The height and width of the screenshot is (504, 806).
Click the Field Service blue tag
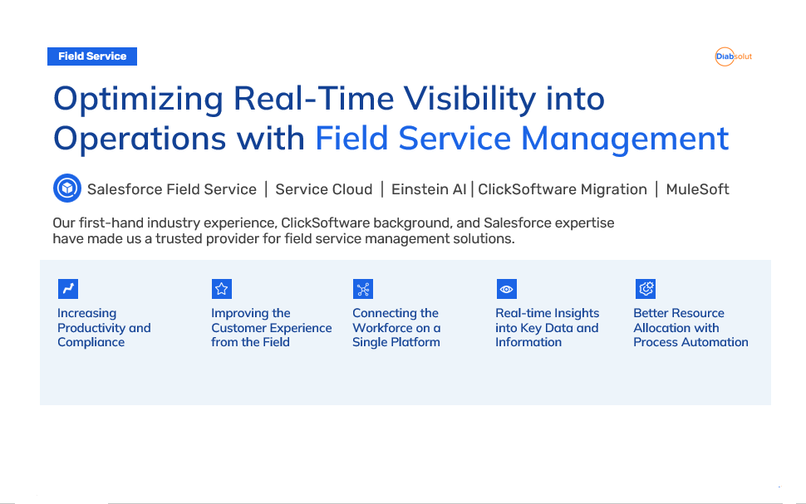(x=92, y=56)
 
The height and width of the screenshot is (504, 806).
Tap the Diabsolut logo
(x=734, y=56)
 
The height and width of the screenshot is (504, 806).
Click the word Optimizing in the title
(x=138, y=100)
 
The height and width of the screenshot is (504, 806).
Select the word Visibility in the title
(x=469, y=99)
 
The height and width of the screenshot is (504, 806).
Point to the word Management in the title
(x=625, y=139)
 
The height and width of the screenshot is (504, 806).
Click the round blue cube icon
(x=67, y=188)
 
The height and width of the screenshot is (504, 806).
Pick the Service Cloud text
(x=324, y=189)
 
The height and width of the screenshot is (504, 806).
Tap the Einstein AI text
(x=429, y=189)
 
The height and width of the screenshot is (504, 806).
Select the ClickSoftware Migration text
(x=563, y=189)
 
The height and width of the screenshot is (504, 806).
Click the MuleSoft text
(x=697, y=189)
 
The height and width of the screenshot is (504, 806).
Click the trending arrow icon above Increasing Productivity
(x=68, y=289)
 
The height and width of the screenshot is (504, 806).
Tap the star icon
(x=222, y=289)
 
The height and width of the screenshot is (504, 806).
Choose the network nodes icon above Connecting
(x=363, y=289)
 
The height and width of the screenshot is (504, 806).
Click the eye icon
(x=506, y=289)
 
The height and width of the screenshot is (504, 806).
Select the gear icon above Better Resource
(x=646, y=289)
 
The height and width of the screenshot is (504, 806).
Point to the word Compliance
(x=91, y=343)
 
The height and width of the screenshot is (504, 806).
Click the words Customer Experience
(x=272, y=328)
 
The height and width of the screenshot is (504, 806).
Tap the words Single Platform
(x=396, y=343)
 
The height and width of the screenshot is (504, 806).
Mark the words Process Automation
(x=691, y=342)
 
